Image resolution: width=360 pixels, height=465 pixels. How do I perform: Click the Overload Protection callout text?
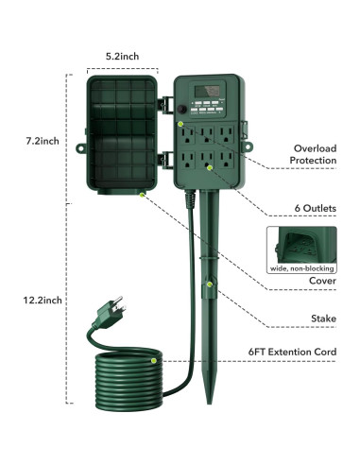click(x=315, y=155)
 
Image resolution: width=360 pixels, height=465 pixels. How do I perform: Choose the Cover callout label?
click(x=322, y=281)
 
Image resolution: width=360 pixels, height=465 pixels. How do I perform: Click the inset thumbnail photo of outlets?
click(x=300, y=242)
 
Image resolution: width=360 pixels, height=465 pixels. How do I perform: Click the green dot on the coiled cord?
click(x=154, y=361)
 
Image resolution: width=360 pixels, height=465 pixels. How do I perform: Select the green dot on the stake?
click(x=210, y=283)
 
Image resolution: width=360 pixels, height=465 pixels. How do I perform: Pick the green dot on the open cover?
click(x=141, y=193)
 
